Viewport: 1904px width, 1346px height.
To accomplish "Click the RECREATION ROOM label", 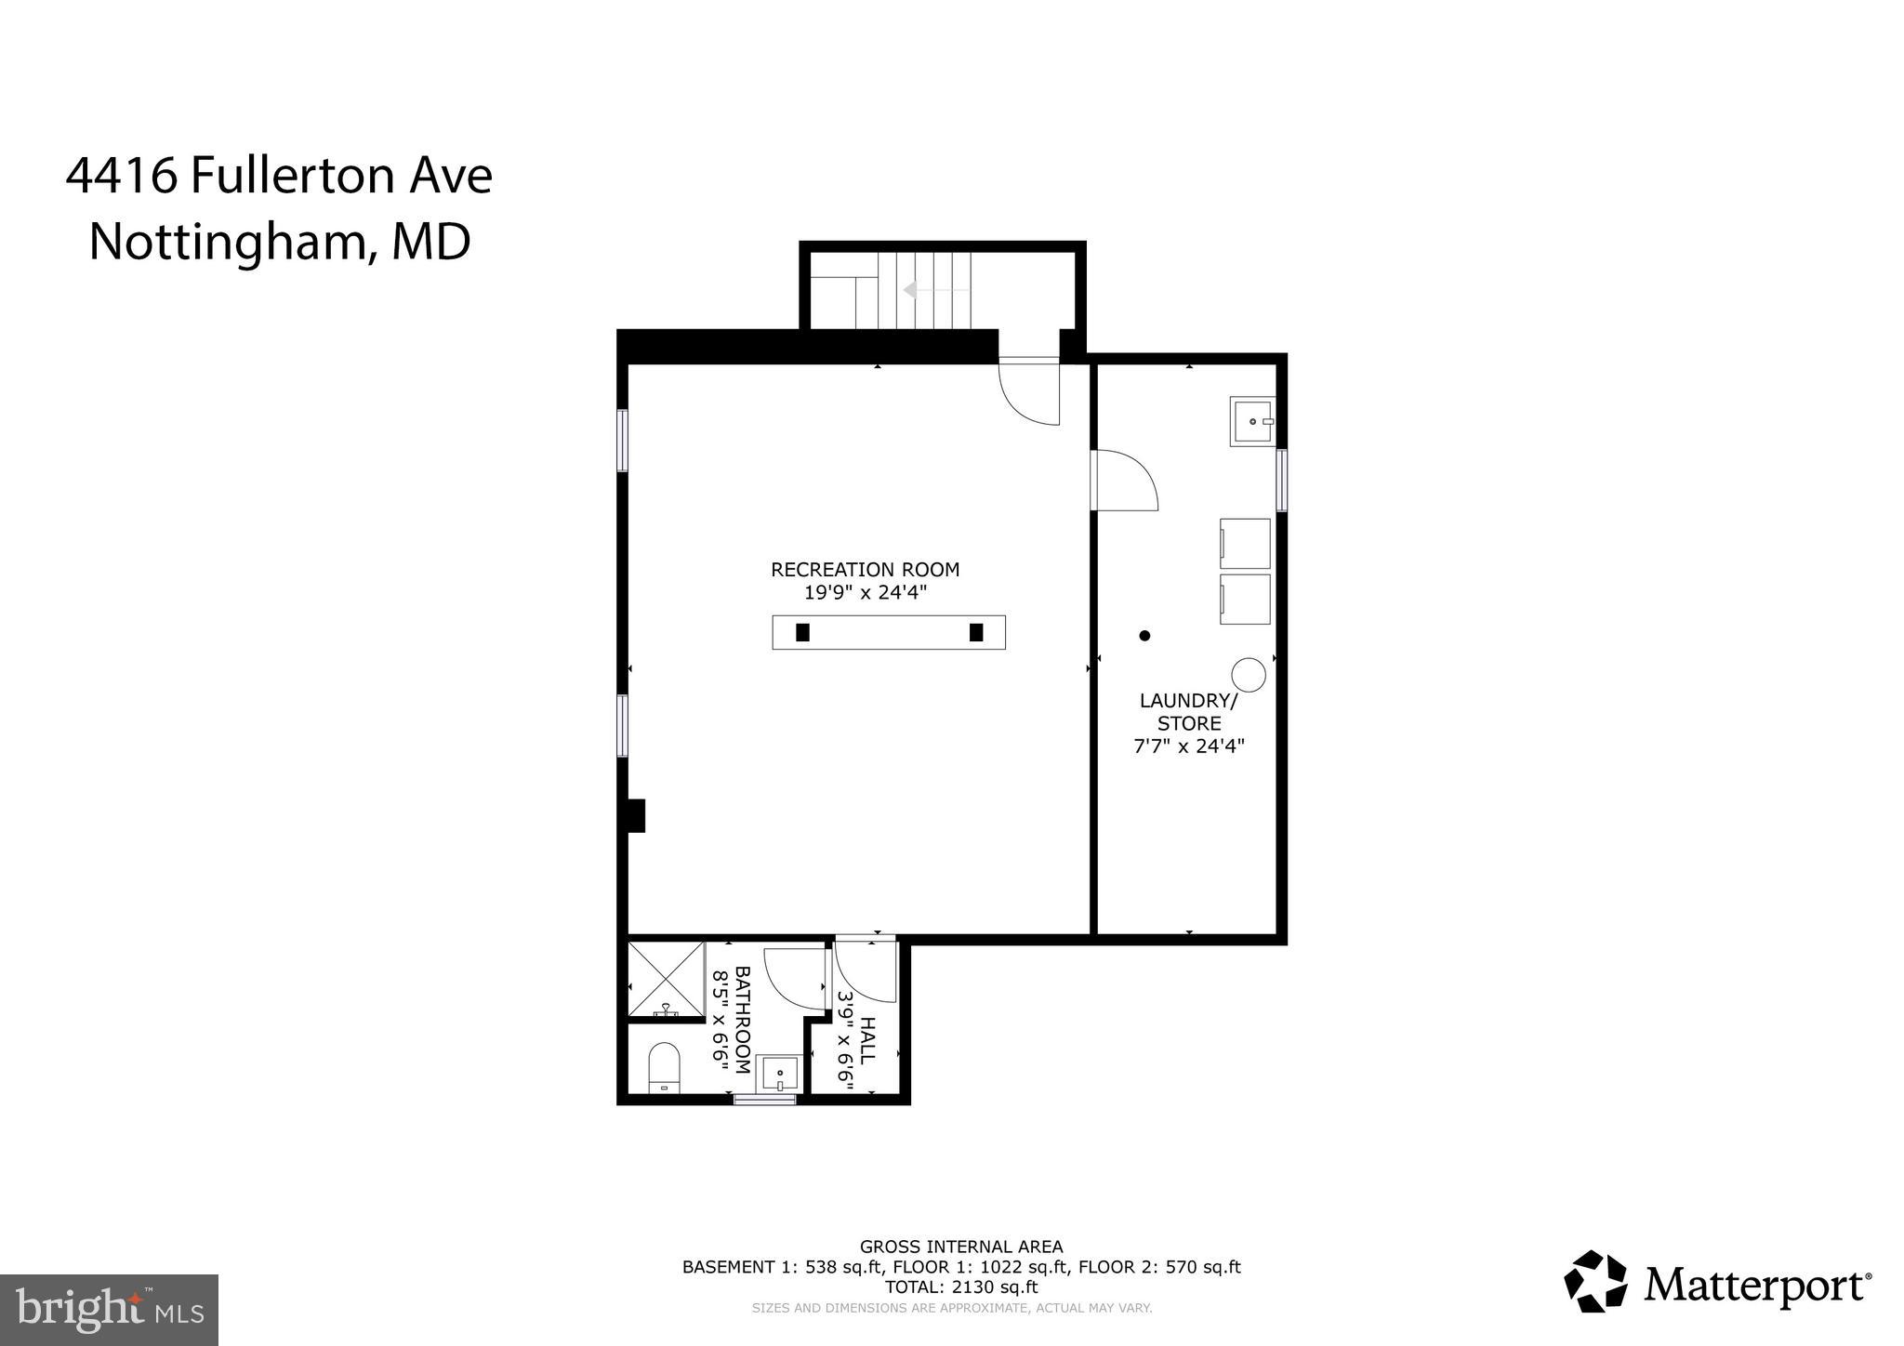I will pos(865,570).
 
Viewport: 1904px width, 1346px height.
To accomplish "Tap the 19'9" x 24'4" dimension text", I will pos(865,593).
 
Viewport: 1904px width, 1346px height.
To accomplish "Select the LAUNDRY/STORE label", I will pos(1189,711).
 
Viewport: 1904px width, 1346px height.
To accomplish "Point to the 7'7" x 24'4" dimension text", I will pos(1189,746).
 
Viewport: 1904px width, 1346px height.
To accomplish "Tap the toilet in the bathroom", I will pos(664,1067).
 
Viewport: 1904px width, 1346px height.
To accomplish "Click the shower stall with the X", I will pos(666,979).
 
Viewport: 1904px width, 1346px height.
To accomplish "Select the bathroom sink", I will pos(779,1074).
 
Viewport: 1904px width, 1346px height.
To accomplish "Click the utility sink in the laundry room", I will pos(1252,421).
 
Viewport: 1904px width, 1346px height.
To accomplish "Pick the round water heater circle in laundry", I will pos(1249,675).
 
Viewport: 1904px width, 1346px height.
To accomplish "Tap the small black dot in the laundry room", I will pos(1144,636).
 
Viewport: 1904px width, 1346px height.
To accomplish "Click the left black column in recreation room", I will pos(802,632).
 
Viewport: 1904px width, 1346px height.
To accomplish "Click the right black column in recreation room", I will pos(976,632).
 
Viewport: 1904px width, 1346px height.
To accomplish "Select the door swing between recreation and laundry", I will pos(1125,481).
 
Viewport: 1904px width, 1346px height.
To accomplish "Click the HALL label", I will pos(866,1041).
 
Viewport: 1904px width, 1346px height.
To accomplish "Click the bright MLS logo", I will pos(109,1310).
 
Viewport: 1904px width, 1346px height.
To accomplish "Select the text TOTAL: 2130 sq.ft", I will pos(960,1287).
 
